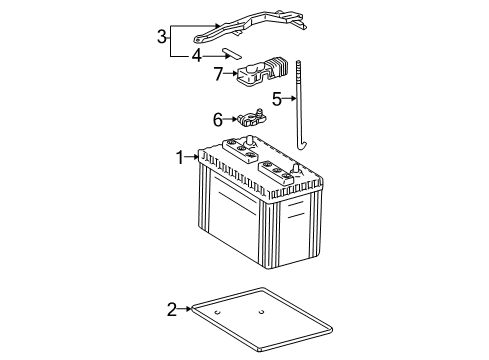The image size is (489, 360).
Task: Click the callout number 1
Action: click(x=181, y=156)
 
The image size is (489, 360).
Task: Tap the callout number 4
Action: click(x=198, y=56)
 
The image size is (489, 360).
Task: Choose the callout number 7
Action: click(x=218, y=74)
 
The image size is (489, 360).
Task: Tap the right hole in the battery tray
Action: click(x=261, y=315)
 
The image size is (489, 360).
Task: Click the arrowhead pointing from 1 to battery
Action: click(x=197, y=156)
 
